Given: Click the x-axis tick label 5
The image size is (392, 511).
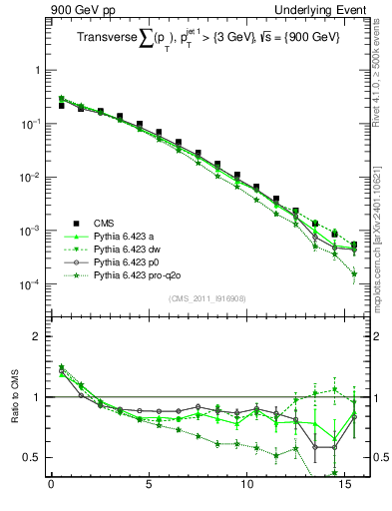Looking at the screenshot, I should tap(149, 489).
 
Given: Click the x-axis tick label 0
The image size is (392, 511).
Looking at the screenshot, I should tap(51, 489).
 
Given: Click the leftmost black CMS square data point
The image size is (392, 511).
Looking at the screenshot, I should tap(61, 105).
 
